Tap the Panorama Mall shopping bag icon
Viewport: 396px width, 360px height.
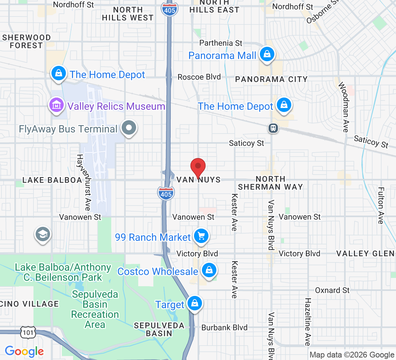[x=267, y=55]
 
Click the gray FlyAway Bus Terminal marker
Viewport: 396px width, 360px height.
[x=129, y=128]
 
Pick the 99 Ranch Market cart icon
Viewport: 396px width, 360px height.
[x=201, y=237]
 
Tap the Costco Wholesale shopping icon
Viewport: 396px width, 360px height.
[x=209, y=270]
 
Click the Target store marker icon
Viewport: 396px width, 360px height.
[x=194, y=303]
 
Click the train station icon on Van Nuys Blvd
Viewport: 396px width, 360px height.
[x=274, y=128]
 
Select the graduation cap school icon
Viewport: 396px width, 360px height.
[x=43, y=234]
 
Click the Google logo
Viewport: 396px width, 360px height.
[x=24, y=351]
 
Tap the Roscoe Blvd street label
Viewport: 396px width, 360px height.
[x=199, y=77]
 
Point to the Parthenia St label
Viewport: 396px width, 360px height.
[x=221, y=43]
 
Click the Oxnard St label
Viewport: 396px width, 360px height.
[x=332, y=290]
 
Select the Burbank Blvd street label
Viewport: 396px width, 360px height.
[x=224, y=328]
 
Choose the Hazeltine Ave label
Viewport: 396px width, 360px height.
[x=308, y=321]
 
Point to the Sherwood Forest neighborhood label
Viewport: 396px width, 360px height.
[x=27, y=41]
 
